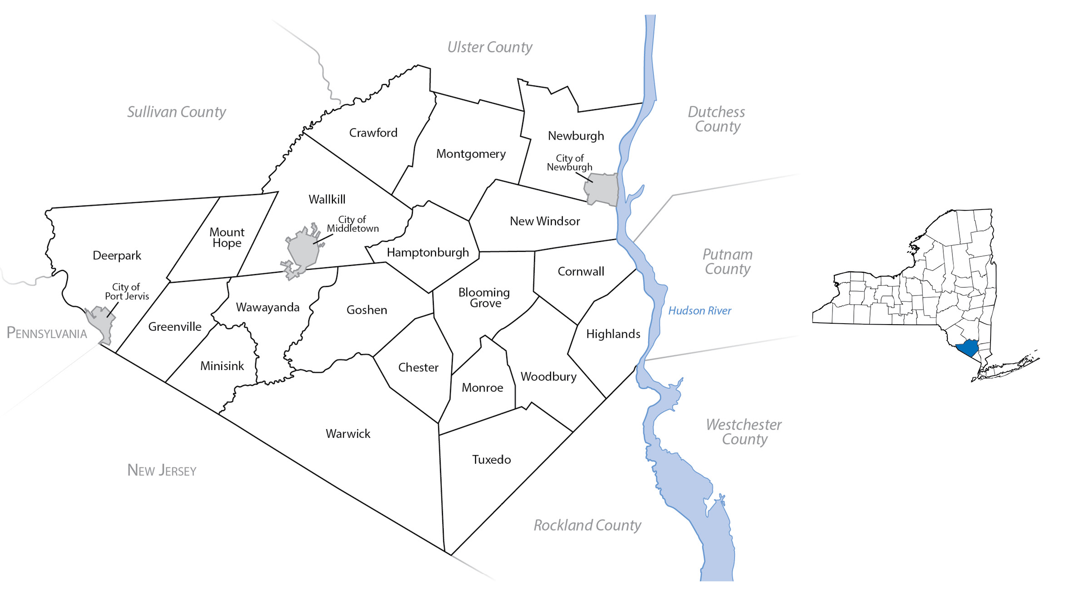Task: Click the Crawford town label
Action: coord(373,133)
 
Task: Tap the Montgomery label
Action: coord(471,154)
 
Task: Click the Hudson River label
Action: coord(699,311)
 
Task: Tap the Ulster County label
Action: coord(490,47)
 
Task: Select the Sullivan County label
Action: coord(176,112)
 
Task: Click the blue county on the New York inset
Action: coord(967,348)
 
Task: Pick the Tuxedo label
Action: coord(491,460)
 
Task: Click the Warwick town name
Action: coord(348,434)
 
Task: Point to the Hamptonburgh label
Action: coord(427,253)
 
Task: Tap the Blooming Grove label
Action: coord(484,298)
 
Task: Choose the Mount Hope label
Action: coord(227,238)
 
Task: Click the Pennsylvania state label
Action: coord(47,333)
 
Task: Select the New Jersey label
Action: coord(162,470)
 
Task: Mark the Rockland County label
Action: coord(587,526)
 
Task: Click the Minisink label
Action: coord(222,366)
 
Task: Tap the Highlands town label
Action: coord(613,334)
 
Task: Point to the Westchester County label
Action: coord(743,432)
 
